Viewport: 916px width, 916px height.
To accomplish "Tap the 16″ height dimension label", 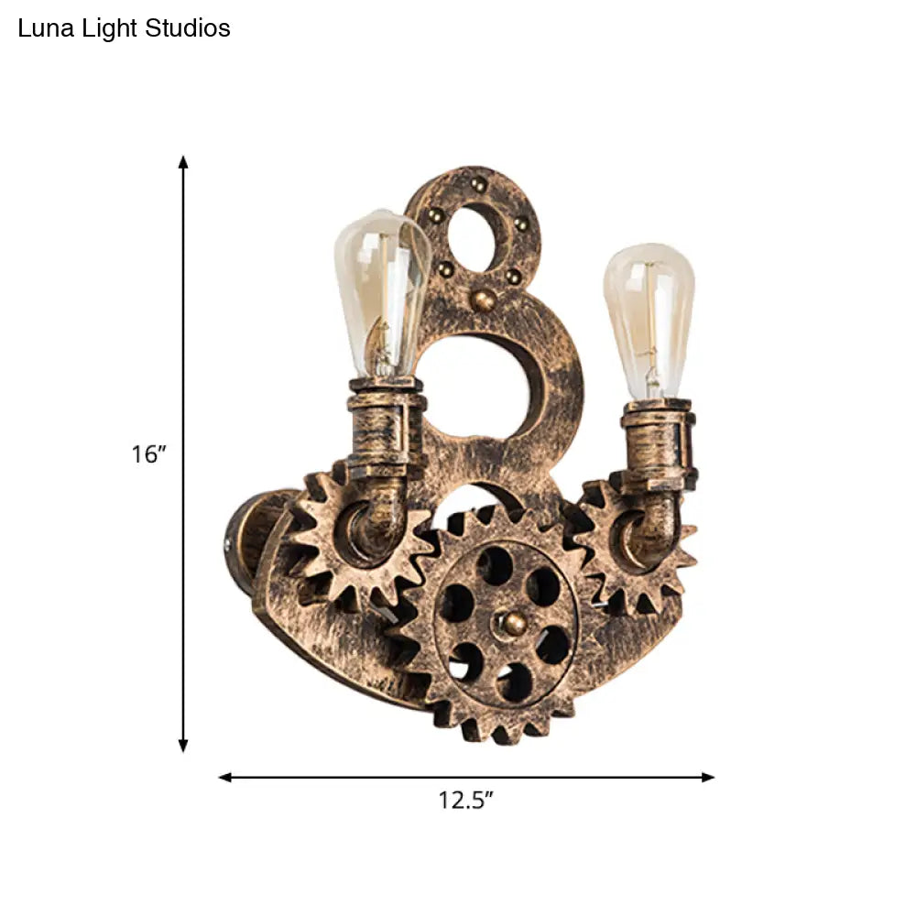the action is pyautogui.click(x=149, y=454).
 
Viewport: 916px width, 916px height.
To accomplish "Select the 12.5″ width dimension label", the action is pyautogui.click(x=466, y=800).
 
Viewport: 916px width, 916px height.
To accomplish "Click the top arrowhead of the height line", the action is pyautogui.click(x=183, y=162).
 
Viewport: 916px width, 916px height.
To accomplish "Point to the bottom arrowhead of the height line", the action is pyautogui.click(x=183, y=746).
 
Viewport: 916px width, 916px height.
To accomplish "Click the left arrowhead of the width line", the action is pyautogui.click(x=225, y=777).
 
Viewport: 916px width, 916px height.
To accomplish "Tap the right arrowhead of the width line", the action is pyautogui.click(x=707, y=777).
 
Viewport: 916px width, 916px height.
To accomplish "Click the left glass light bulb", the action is pyautogui.click(x=383, y=294).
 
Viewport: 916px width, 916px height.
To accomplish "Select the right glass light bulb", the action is pyautogui.click(x=649, y=322).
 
